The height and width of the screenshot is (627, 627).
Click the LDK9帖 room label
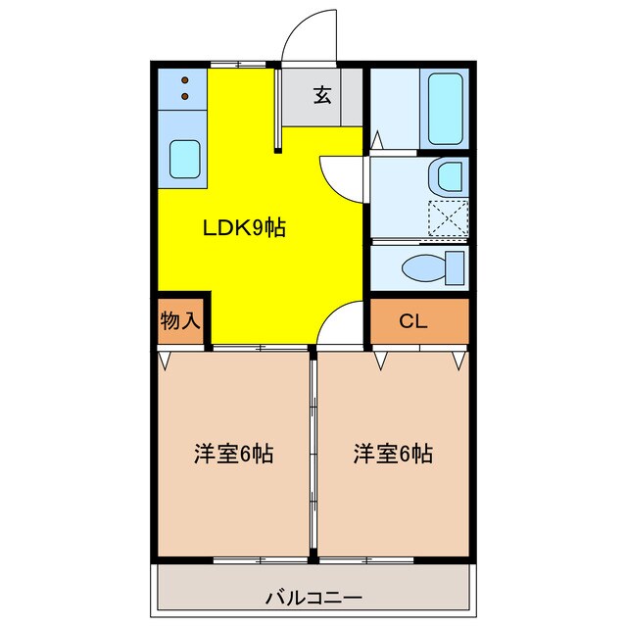point(244,228)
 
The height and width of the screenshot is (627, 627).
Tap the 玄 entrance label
point(321,95)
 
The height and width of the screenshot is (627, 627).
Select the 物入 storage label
point(180,320)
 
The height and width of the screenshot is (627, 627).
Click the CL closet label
point(412,321)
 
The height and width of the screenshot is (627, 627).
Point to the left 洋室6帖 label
point(232,455)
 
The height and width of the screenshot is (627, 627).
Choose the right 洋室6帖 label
point(393,455)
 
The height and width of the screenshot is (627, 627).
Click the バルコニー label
point(313,597)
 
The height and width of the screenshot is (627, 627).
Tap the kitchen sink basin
point(184,159)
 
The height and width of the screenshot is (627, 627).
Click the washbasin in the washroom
point(449,177)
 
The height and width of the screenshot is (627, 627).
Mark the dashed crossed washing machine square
point(449,217)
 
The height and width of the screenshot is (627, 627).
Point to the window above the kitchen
point(238,65)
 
